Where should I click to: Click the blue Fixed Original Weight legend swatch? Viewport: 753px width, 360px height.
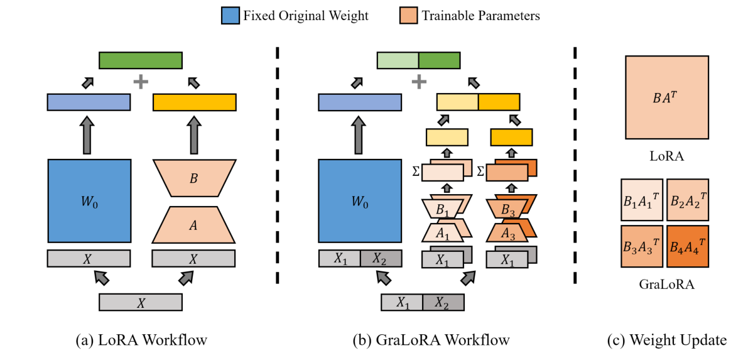point(230,15)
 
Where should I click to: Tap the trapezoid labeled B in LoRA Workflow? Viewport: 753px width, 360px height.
point(194,177)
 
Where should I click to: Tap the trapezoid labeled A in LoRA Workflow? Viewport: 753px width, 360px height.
point(194,224)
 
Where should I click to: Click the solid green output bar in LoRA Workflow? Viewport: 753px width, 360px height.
point(141,60)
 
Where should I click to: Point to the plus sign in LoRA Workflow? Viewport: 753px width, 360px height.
point(141,82)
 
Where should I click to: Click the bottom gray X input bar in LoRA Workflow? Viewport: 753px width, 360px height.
point(141,302)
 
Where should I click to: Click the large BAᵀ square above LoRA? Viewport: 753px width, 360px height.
point(667,96)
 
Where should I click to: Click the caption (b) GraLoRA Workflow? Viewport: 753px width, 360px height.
point(422,341)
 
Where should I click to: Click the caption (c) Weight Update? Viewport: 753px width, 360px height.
point(667,341)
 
